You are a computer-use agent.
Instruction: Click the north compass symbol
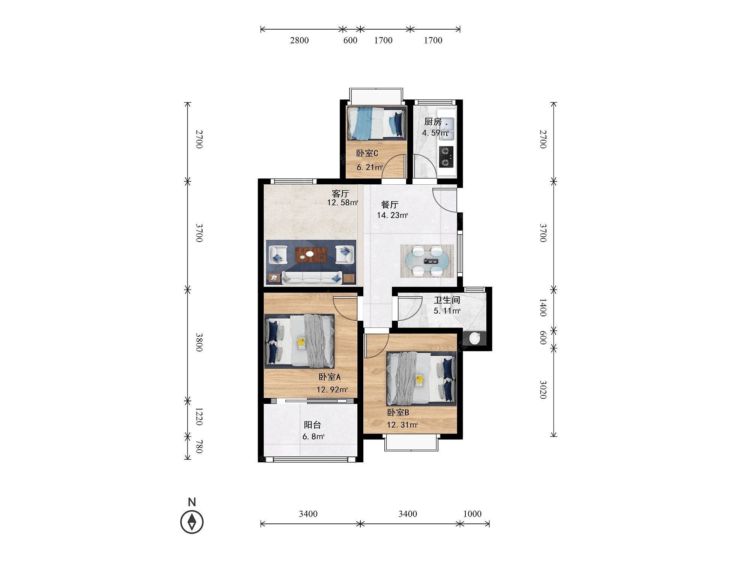(192, 522)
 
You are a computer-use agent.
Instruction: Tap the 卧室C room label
(367, 153)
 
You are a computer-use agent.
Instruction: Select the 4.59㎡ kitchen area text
(435, 133)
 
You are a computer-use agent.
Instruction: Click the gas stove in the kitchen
(446, 157)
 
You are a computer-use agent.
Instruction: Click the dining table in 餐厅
(427, 261)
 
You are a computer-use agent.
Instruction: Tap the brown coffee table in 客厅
(311, 254)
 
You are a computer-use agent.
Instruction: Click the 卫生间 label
(447, 300)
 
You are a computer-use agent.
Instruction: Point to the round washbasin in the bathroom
(474, 338)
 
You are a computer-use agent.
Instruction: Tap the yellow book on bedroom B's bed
(420, 380)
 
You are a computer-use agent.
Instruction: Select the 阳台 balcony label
(312, 425)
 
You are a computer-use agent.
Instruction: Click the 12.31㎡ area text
(402, 425)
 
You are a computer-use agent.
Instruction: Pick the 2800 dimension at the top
(299, 40)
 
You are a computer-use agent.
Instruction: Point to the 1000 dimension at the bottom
(472, 514)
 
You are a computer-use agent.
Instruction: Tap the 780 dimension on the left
(199, 446)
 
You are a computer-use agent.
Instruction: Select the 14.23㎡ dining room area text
(392, 215)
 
